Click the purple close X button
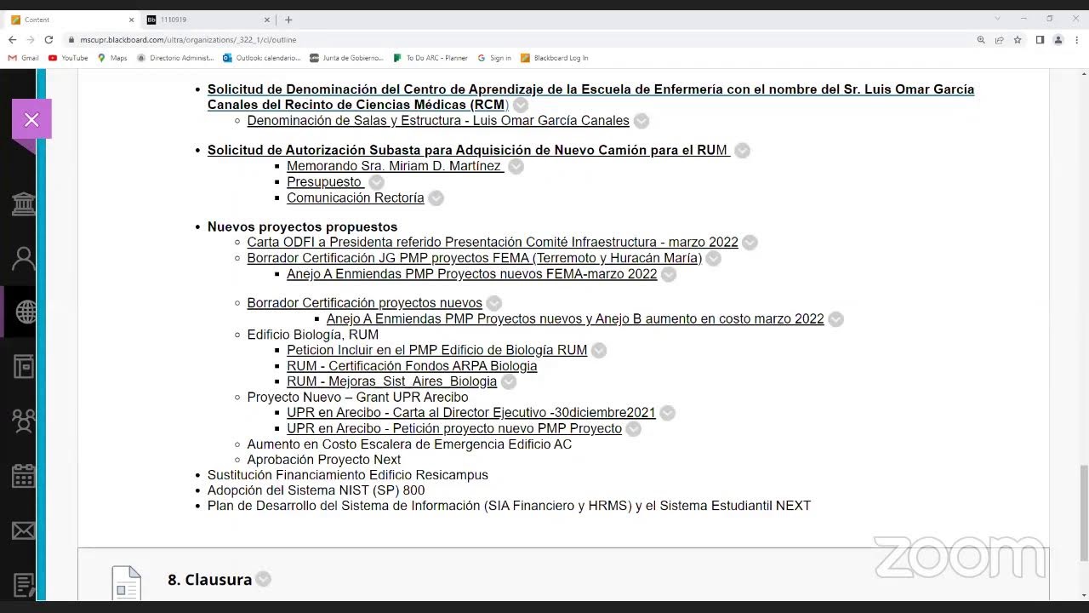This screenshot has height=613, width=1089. coord(31,120)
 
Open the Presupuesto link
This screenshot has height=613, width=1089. coord(324,182)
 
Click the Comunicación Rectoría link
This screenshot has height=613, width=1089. coord(355,198)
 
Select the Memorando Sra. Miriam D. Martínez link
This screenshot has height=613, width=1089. coord(394,166)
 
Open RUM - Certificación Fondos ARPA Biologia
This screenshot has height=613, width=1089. coord(412,366)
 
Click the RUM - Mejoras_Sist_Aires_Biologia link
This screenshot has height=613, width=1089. coord(391,381)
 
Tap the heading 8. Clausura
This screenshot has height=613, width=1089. coord(209,580)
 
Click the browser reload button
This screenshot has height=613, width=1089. coord(48,40)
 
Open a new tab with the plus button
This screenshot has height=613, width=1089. coord(288,20)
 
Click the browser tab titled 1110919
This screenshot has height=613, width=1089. coord(204,20)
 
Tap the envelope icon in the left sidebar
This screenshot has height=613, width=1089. coord(24,531)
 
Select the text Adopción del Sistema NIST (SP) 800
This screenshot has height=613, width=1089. coord(316,490)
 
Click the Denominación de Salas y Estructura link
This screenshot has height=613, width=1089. coord(438,121)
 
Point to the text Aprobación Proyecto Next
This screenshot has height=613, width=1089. coord(323,460)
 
